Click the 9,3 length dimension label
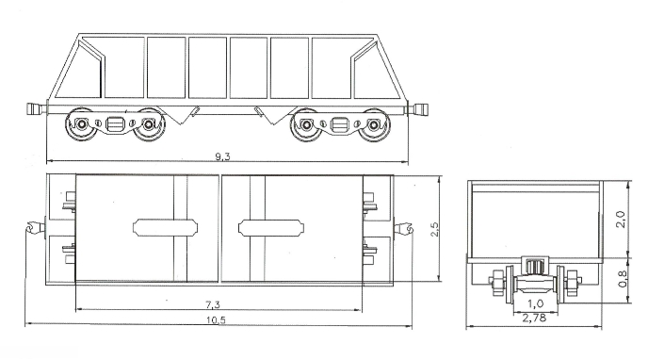222,156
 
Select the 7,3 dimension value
213,305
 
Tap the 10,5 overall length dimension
216,320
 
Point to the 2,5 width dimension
435,229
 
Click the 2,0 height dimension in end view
621,220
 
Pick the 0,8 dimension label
622,279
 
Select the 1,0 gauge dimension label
536,303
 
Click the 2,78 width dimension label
534,318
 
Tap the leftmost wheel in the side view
81,124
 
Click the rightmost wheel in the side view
374,124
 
